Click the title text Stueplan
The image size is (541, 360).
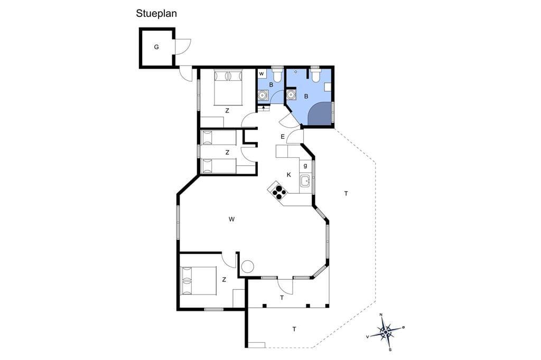pyautogui.click(x=156, y=13)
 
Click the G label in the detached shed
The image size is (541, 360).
pyautogui.click(x=156, y=47)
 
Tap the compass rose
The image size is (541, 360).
pyautogui.click(x=385, y=332)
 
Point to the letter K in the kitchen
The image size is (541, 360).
pyautogui.click(x=289, y=175)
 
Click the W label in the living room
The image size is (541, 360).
pyautogui.click(x=231, y=219)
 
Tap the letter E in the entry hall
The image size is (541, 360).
pyautogui.click(x=283, y=137)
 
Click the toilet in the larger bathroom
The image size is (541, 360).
pyautogui.click(x=315, y=75)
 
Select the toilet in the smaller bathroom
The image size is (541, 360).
pyautogui.click(x=277, y=75)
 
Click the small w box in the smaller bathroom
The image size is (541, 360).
pyautogui.click(x=262, y=74)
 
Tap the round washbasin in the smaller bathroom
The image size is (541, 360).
pyautogui.click(x=263, y=95)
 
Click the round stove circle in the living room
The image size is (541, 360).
pyautogui.click(x=247, y=267)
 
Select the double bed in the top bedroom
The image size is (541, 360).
pyautogui.click(x=228, y=87)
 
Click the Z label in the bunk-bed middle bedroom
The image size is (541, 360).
pyautogui.click(x=227, y=152)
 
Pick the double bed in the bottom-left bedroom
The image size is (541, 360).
pyautogui.click(x=199, y=280)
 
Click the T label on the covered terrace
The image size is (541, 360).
pyautogui.click(x=282, y=298)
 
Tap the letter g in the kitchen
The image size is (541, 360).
pyautogui.click(x=305, y=166)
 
